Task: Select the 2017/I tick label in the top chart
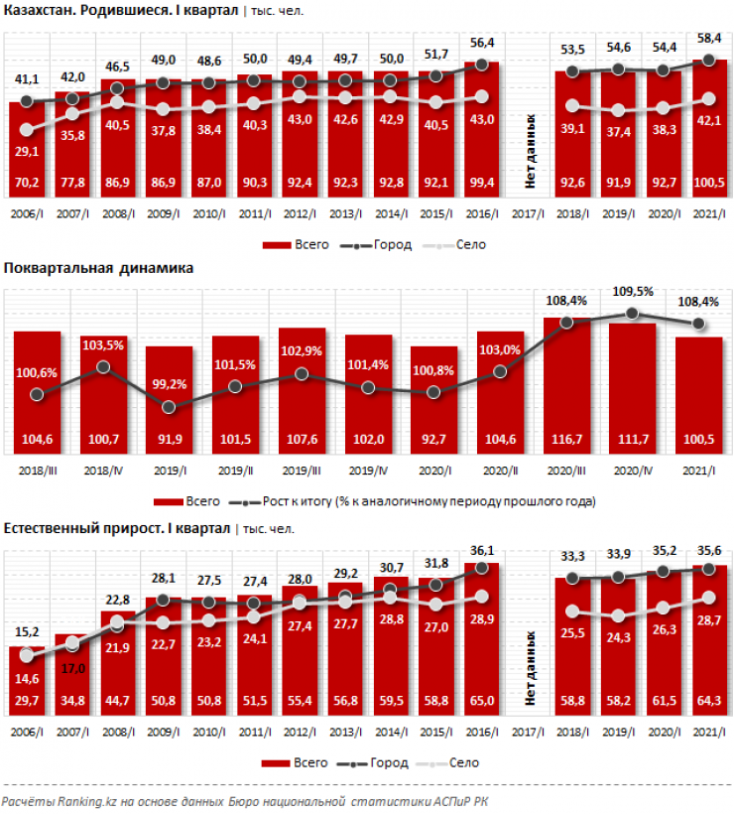[x=530, y=212]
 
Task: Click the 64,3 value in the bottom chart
[x=709, y=701]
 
